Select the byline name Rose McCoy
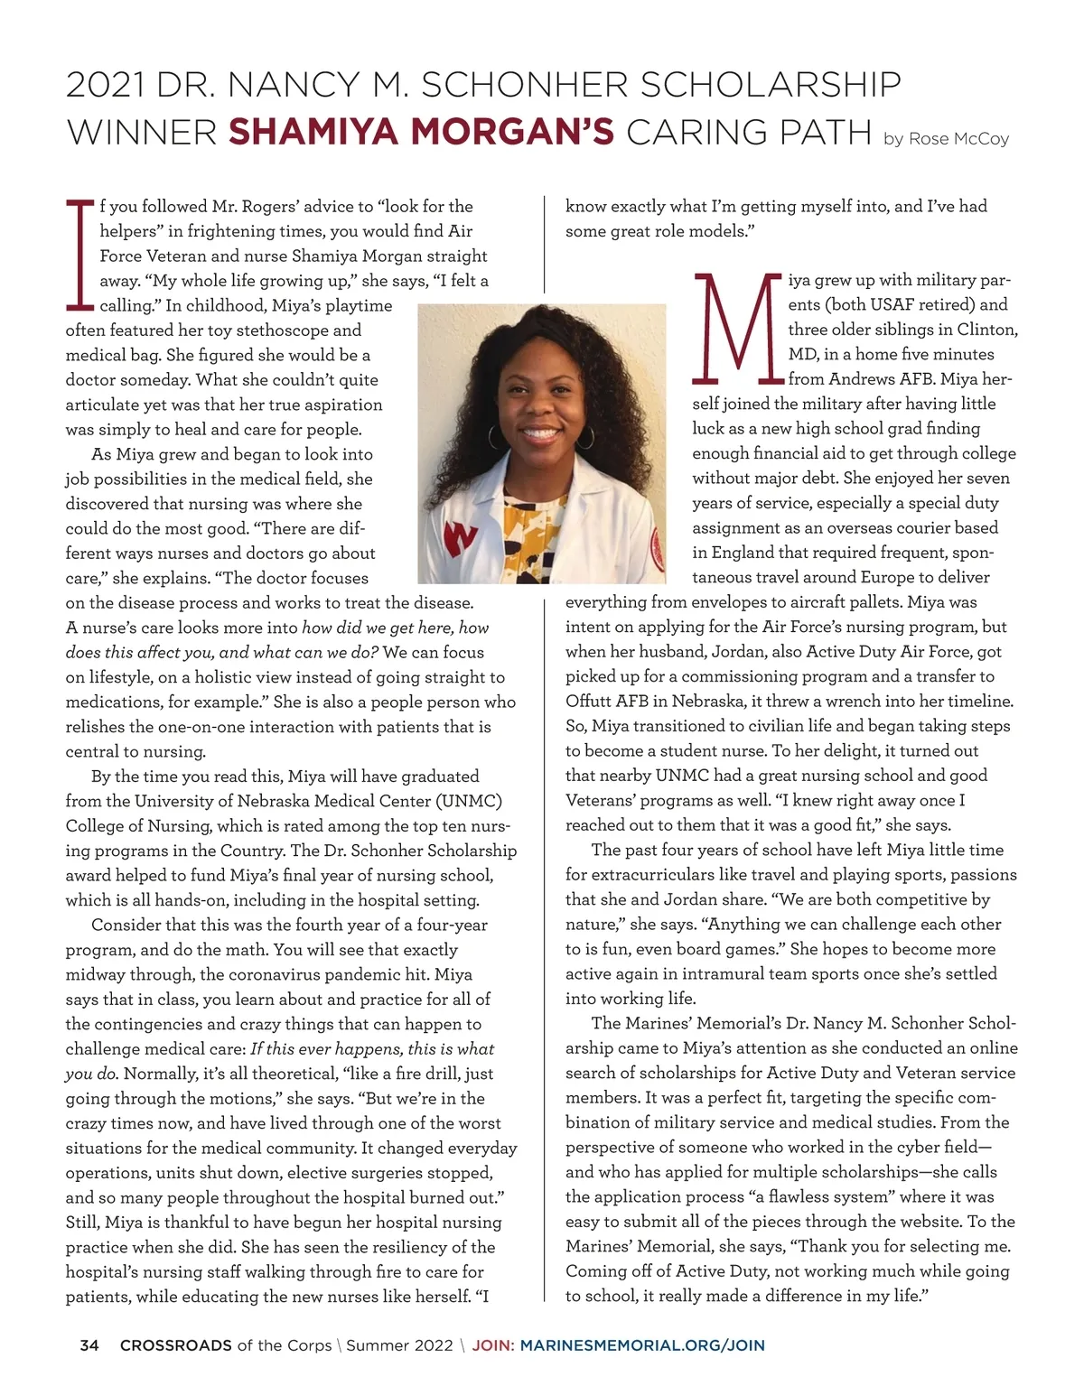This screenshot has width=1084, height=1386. click(x=958, y=139)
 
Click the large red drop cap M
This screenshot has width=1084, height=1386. click(x=735, y=327)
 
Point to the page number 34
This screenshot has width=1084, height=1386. click(x=89, y=1345)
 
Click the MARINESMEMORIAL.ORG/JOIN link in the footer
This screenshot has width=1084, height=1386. click(x=642, y=1345)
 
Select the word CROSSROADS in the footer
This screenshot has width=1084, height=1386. click(x=176, y=1345)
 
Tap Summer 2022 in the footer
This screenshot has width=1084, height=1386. click(x=399, y=1345)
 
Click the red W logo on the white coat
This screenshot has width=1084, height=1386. click(x=461, y=538)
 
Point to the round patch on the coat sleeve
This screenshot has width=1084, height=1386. click(x=659, y=545)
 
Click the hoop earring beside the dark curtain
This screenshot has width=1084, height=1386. click(x=586, y=437)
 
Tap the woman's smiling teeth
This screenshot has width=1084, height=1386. click(x=540, y=433)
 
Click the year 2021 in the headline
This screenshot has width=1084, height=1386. click(x=106, y=85)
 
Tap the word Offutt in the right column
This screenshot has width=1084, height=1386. click(x=589, y=701)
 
